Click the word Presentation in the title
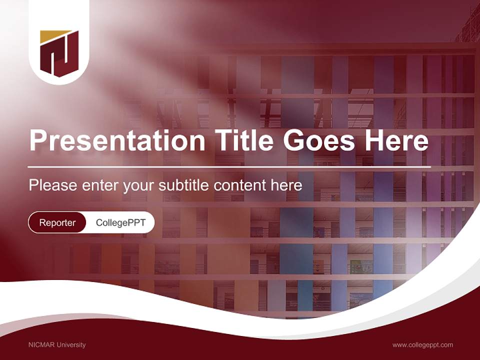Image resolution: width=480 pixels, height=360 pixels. coord(117,141)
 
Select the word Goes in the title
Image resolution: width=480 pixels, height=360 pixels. coord(318,141)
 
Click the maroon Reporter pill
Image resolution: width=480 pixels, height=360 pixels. coord(57,222)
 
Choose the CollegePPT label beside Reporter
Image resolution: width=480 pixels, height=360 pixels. coord(120,222)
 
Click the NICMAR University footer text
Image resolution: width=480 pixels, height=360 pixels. coord(57,344)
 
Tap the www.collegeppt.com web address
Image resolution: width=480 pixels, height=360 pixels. coord(422,344)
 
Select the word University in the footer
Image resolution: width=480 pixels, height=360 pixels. coord(71,344)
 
